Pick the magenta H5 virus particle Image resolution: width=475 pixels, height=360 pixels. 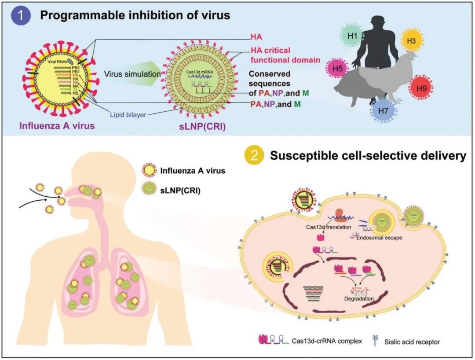337,69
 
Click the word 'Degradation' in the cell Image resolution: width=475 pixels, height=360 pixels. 358,299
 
